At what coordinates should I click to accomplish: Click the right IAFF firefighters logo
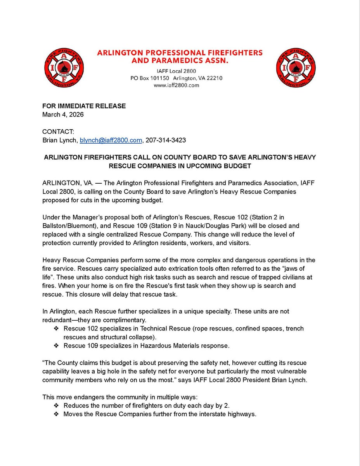[x=296, y=68]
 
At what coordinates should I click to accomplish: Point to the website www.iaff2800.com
[x=176, y=85]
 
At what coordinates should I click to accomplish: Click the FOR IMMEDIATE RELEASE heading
[x=84, y=106]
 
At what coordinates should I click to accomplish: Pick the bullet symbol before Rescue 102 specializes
[x=57, y=329]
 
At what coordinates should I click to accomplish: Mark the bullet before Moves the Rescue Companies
[x=57, y=414]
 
